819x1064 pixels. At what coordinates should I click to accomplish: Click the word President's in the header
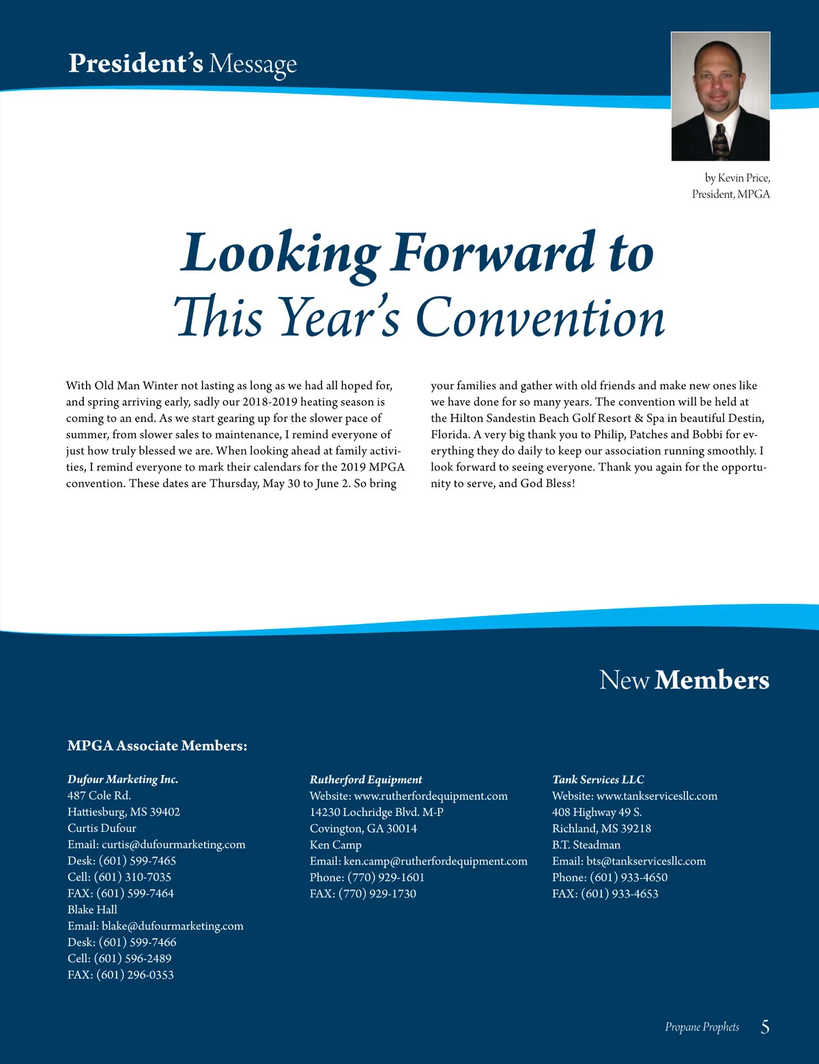coord(135,64)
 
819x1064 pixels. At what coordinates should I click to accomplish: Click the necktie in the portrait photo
coord(719,139)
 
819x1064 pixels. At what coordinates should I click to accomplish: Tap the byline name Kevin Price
coord(743,178)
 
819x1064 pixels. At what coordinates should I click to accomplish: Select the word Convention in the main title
coord(540,318)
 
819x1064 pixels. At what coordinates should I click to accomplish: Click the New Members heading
coord(684,680)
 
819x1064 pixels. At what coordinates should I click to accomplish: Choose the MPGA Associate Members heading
coord(157,746)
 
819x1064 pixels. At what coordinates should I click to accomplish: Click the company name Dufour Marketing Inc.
coord(123,779)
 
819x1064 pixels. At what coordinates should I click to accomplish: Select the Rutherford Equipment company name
coord(366,779)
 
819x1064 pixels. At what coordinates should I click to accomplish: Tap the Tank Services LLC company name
coord(598,779)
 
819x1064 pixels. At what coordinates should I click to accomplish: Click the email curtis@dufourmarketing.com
coord(173,845)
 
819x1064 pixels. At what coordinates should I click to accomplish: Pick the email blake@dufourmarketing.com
coord(172,926)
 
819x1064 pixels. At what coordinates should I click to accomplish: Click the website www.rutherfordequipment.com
coord(431,796)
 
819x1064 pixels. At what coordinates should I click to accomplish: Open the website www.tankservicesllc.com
coord(657,796)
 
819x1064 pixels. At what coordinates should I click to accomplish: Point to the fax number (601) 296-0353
coord(135,975)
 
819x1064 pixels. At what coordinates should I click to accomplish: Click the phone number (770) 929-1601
coord(386,878)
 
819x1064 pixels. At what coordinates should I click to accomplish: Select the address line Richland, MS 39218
coord(601,828)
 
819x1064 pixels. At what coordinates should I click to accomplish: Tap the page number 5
coord(765,1026)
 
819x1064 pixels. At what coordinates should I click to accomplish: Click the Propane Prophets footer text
coord(702,1027)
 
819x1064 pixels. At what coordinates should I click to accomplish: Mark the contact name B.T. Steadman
coord(586,845)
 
